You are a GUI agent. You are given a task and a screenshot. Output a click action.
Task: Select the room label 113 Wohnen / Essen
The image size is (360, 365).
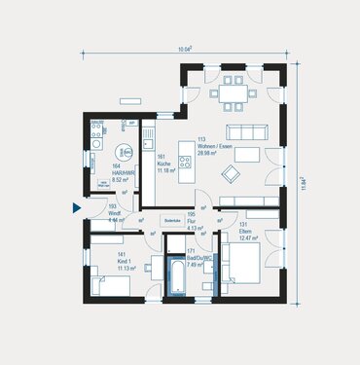point(215,146)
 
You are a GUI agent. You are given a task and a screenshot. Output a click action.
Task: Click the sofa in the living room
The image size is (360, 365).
point(243,131)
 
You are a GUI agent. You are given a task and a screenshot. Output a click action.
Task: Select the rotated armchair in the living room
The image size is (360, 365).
point(234,173)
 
